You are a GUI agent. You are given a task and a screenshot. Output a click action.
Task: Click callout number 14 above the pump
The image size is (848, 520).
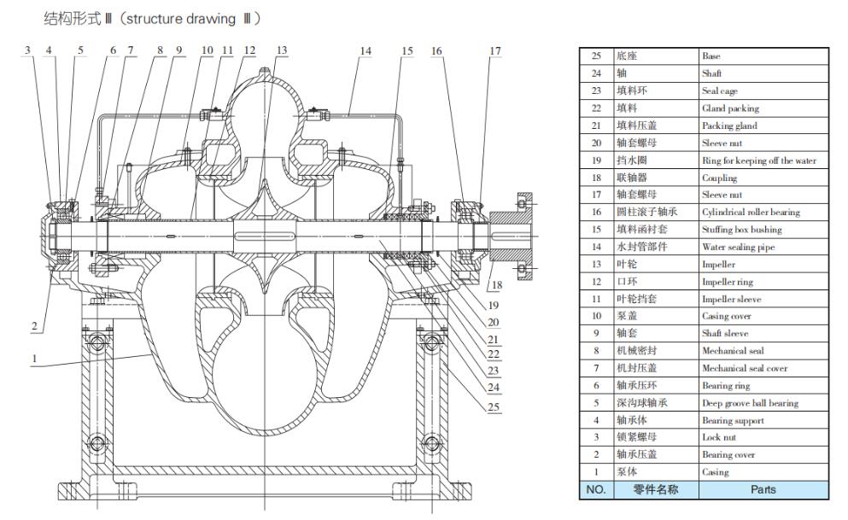(x=366, y=51)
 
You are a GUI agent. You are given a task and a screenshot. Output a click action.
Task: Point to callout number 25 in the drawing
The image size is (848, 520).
(x=493, y=407)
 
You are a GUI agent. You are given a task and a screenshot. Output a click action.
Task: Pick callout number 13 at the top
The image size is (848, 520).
(x=282, y=51)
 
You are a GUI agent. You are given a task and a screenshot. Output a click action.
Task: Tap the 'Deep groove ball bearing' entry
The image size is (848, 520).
(x=750, y=403)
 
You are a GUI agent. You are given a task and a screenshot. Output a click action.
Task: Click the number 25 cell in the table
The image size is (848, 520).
(x=596, y=56)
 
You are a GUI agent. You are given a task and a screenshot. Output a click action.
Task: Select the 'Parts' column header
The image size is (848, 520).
(x=763, y=490)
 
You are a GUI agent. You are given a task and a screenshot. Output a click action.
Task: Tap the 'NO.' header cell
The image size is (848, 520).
(x=595, y=490)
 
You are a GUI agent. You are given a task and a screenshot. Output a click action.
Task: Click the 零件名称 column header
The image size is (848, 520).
(x=655, y=490)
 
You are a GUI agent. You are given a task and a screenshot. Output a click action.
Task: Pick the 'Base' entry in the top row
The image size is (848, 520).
(x=711, y=56)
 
